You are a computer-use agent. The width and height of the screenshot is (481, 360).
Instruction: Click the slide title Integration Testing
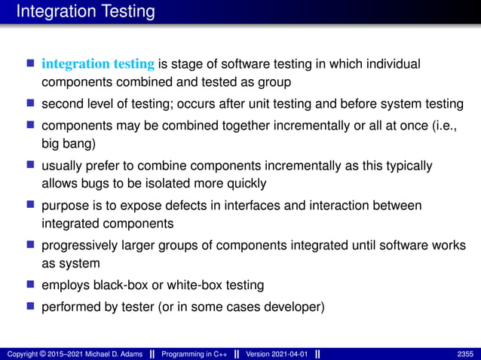85,12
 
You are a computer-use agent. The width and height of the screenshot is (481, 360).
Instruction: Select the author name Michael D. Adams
102,353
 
